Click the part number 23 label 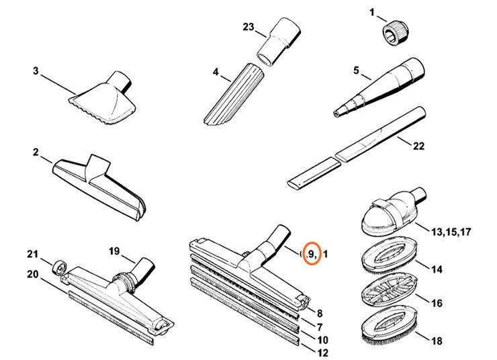(x=248, y=27)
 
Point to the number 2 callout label (x=35, y=152)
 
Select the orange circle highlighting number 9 (x=311, y=253)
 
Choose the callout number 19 (x=115, y=251)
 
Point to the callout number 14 (x=437, y=269)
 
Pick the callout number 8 (x=320, y=313)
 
